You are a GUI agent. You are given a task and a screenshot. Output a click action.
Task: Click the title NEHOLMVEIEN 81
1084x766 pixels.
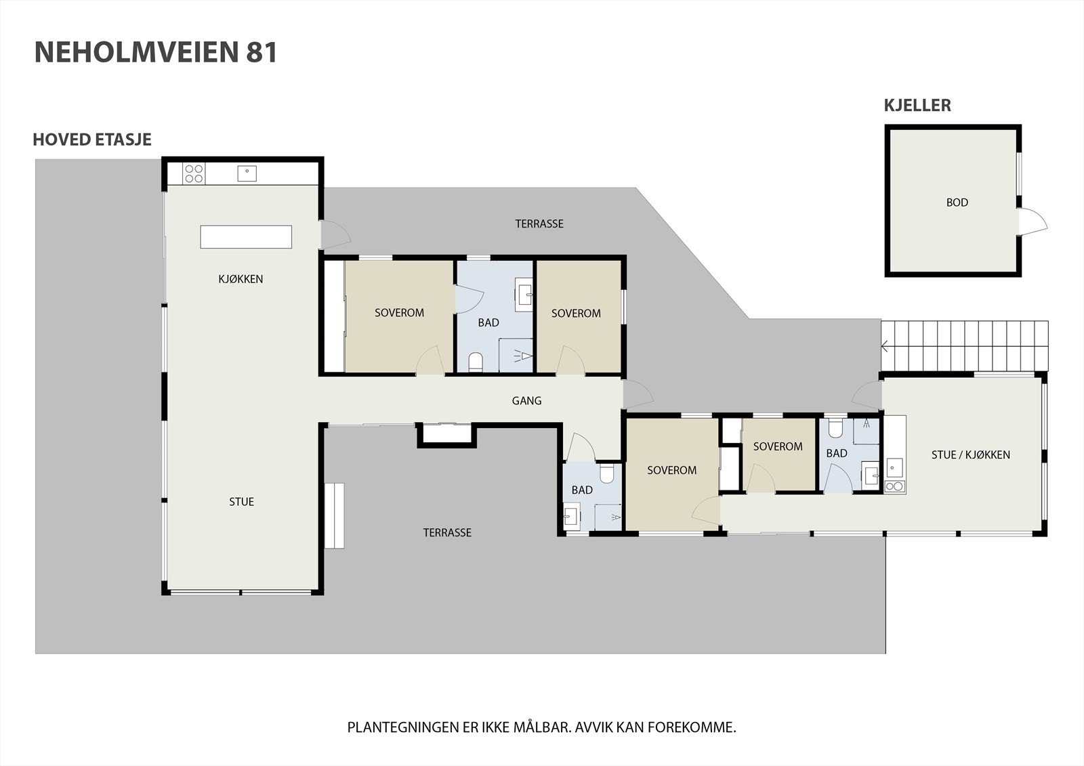point(156,53)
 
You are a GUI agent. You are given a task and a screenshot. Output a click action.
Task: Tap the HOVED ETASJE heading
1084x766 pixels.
point(92,140)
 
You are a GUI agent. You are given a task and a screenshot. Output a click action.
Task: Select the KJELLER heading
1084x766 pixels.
point(917,106)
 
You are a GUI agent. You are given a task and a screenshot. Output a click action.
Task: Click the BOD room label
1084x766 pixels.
point(957,203)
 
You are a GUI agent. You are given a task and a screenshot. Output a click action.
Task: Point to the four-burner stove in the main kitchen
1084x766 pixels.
point(194,174)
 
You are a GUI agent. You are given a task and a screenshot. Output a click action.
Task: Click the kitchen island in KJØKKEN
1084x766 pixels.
point(246,237)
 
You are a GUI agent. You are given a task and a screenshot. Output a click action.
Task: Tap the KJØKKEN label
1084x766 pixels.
point(241,279)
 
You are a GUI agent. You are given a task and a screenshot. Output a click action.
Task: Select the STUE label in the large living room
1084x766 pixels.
point(241,502)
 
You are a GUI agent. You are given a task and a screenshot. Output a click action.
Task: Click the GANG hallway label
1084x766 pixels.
point(526,401)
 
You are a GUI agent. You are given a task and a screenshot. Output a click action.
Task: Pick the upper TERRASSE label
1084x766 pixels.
point(539,224)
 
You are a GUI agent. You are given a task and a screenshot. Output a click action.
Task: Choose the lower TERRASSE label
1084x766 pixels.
point(447,533)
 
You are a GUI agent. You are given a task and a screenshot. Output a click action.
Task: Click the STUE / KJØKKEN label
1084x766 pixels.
point(970,455)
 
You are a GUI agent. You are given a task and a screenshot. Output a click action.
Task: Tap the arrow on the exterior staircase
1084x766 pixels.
point(885,347)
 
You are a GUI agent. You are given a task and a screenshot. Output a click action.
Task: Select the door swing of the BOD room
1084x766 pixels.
point(1033,222)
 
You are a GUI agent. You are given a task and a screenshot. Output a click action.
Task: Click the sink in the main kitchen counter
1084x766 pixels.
point(247,173)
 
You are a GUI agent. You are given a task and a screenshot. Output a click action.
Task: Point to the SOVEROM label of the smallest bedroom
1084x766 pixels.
point(778,447)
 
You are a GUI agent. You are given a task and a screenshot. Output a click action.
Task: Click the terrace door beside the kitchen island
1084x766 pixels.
point(335,234)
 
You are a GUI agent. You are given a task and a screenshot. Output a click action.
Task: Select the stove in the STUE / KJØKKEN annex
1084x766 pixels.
point(895,486)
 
